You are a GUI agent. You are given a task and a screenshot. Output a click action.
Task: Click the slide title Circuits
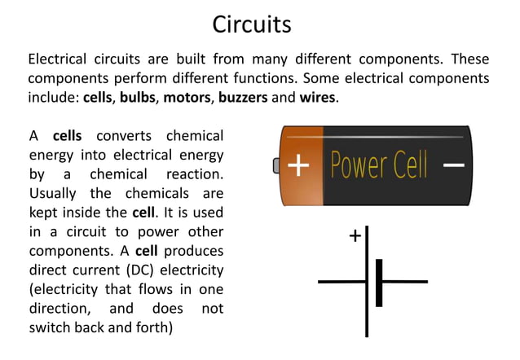pyautogui.click(x=252, y=24)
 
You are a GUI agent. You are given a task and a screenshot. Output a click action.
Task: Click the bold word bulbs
pyautogui.click(x=139, y=98)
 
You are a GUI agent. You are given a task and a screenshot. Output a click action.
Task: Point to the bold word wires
pyautogui.click(x=317, y=98)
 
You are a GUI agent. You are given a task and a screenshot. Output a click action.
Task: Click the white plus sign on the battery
pyautogui.click(x=299, y=165)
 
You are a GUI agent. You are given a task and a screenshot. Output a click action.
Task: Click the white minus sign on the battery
pyautogui.click(x=453, y=165)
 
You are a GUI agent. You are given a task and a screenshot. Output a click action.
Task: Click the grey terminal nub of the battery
pyautogui.click(x=276, y=165)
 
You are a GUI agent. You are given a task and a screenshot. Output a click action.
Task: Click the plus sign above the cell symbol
pyautogui.click(x=355, y=236)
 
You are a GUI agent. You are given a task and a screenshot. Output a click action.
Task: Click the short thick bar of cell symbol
pyautogui.click(x=379, y=282)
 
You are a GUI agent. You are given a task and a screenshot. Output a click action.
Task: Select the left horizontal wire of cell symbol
pyautogui.click(x=342, y=282)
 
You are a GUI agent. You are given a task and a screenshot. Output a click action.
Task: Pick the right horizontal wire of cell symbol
pyautogui.click(x=404, y=282)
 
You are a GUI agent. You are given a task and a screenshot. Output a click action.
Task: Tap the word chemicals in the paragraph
pyautogui.click(x=156, y=193)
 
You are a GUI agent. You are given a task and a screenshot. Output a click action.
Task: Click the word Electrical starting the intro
pyautogui.click(x=61, y=59)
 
